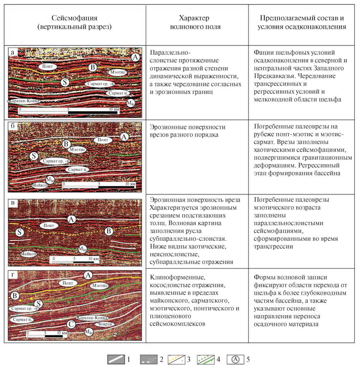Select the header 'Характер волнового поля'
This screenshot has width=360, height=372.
[196, 22]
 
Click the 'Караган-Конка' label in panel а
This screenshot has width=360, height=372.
[24, 101]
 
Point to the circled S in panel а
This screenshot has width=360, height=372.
[64, 82]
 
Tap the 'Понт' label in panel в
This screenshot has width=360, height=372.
[49, 225]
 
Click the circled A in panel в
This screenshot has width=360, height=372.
[71, 219]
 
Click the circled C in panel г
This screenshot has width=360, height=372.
[70, 324]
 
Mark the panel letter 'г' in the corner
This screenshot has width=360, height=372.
[13, 275]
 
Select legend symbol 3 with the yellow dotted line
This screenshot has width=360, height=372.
[177, 360]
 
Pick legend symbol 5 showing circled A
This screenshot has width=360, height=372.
[236, 360]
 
